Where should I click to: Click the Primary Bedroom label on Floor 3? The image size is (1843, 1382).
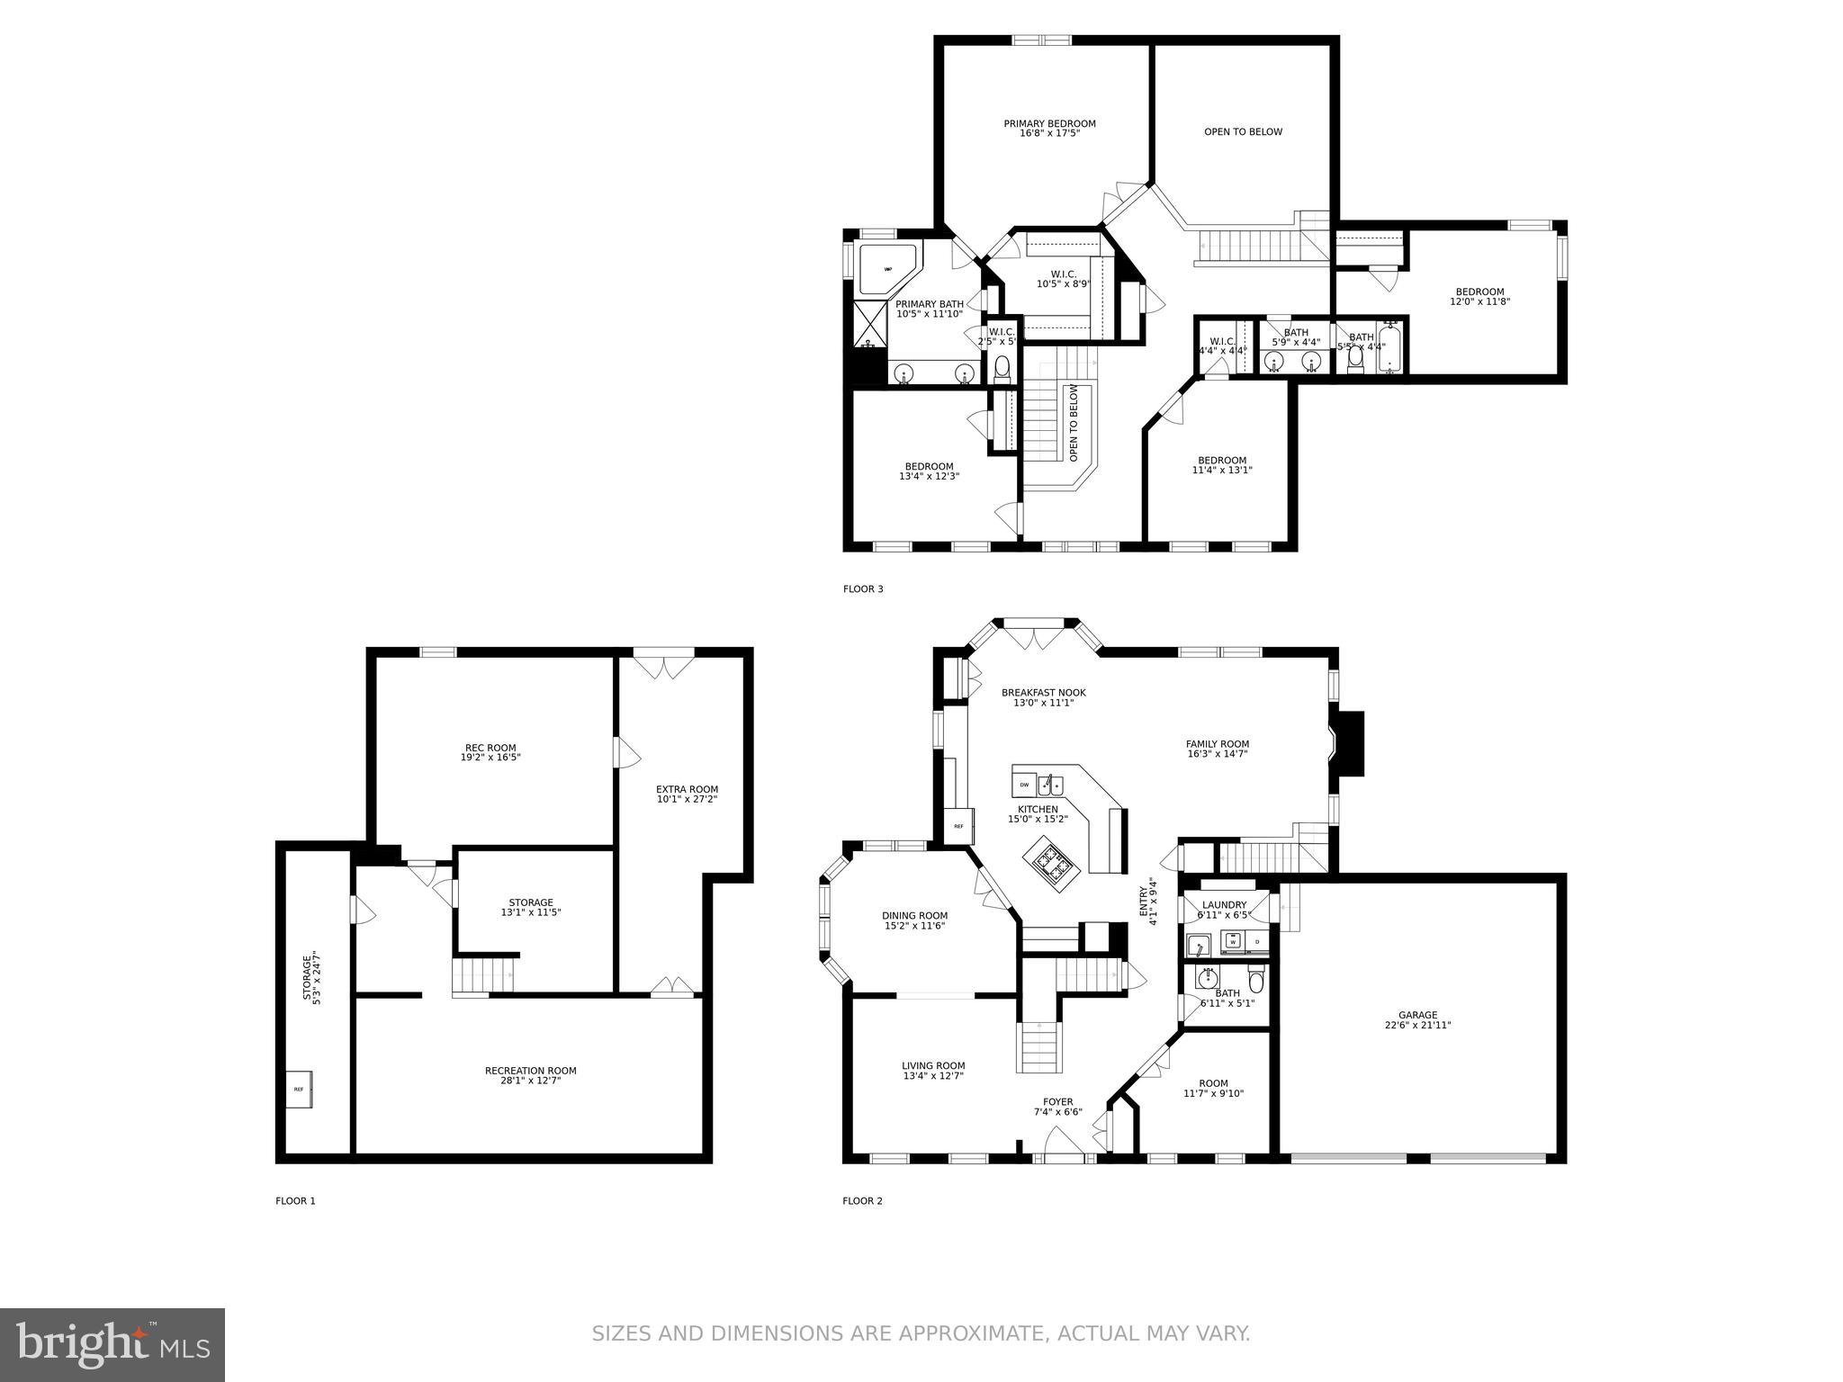point(1049,124)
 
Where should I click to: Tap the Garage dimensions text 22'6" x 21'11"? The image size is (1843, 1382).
point(1417,1025)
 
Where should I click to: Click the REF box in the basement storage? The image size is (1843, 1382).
point(299,1089)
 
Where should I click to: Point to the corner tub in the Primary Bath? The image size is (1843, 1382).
point(886,268)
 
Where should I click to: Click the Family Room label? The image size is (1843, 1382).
point(1217,744)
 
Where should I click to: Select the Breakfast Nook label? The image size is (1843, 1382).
point(1043,693)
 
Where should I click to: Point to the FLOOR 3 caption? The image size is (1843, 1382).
point(863,589)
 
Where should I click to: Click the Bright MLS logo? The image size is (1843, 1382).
point(112,1344)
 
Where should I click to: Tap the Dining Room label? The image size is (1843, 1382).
point(914,916)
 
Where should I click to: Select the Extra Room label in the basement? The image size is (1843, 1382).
point(687,789)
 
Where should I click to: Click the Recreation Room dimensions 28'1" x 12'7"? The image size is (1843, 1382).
point(530,1081)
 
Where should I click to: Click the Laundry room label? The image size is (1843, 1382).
point(1224,905)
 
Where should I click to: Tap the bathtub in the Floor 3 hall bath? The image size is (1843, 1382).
point(1390,351)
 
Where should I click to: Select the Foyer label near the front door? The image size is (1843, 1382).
point(1057,1101)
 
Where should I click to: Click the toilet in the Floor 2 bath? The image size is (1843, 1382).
point(1256,977)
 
